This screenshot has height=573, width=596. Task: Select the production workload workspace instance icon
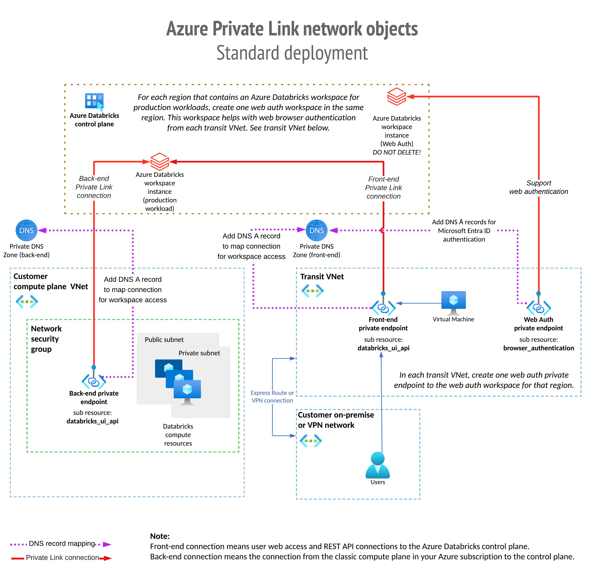[160, 162]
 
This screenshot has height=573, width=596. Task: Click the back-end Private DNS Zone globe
[27, 231]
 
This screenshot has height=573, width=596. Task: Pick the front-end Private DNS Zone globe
[317, 231]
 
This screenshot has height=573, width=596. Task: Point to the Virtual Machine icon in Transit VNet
[453, 302]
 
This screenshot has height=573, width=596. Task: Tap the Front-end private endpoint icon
[383, 308]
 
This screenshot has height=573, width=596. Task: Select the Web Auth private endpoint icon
[539, 308]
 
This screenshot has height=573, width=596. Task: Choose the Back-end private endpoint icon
[94, 381]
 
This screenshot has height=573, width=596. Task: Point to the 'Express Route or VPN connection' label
[272, 397]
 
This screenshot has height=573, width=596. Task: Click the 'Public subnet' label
[164, 340]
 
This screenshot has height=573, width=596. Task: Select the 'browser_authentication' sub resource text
[539, 348]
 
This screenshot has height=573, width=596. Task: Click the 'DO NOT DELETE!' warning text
[396, 152]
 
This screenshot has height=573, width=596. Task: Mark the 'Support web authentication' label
[539, 187]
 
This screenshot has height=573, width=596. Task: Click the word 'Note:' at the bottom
[160, 536]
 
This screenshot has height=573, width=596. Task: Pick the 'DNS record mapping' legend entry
[62, 544]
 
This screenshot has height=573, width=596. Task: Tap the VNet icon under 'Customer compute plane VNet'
[27, 302]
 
